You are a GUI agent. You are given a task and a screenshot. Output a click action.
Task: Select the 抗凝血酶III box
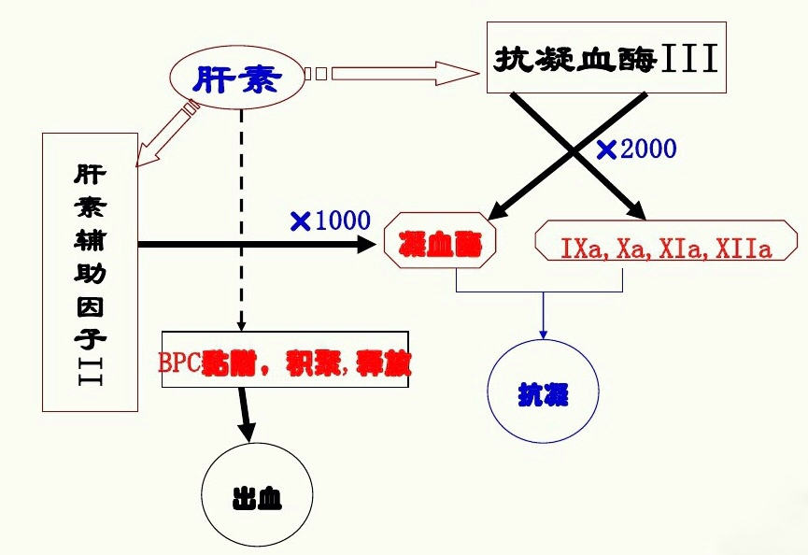click(x=606, y=59)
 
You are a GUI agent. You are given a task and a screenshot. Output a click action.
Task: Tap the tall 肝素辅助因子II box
click(x=90, y=272)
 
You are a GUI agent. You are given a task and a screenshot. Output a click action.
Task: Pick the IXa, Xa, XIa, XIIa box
click(x=665, y=249)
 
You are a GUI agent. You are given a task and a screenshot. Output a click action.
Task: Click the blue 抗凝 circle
click(x=544, y=394)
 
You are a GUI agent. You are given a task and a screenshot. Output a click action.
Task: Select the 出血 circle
click(x=255, y=496)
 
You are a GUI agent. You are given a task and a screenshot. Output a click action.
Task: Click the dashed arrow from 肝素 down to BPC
click(x=241, y=215)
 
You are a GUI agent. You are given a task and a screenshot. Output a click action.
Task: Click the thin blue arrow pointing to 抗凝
click(x=543, y=314)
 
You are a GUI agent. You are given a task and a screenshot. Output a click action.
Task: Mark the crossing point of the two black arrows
click(x=576, y=154)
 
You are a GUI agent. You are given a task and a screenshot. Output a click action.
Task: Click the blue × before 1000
click(x=301, y=221)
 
